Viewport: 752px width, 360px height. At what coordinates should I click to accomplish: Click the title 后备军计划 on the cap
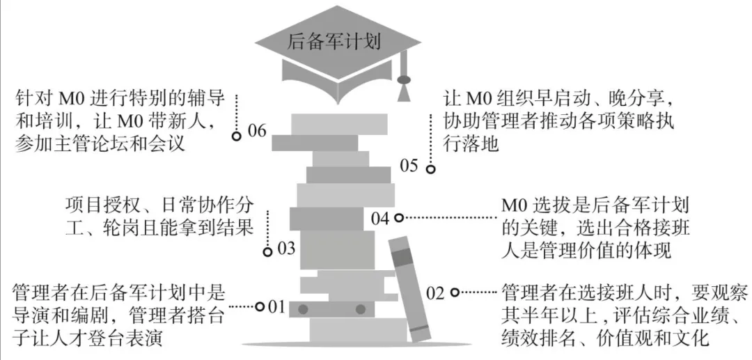tap(334, 41)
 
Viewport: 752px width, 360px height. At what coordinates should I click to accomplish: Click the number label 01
tap(278, 306)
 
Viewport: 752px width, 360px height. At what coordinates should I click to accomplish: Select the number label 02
tap(435, 293)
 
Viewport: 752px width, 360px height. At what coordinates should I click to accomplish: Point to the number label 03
tap(286, 249)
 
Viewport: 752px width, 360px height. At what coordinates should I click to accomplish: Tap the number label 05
tap(409, 166)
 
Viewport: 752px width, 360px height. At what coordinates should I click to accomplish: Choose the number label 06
tap(257, 131)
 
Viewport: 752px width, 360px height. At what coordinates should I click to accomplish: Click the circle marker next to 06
tap(237, 136)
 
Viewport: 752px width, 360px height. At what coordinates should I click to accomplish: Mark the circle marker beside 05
tap(431, 169)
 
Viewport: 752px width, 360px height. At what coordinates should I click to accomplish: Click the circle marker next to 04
tap(399, 218)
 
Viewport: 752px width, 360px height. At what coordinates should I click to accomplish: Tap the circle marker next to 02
tap(455, 292)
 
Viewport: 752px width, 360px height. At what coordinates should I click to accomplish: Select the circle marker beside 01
tap(259, 306)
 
